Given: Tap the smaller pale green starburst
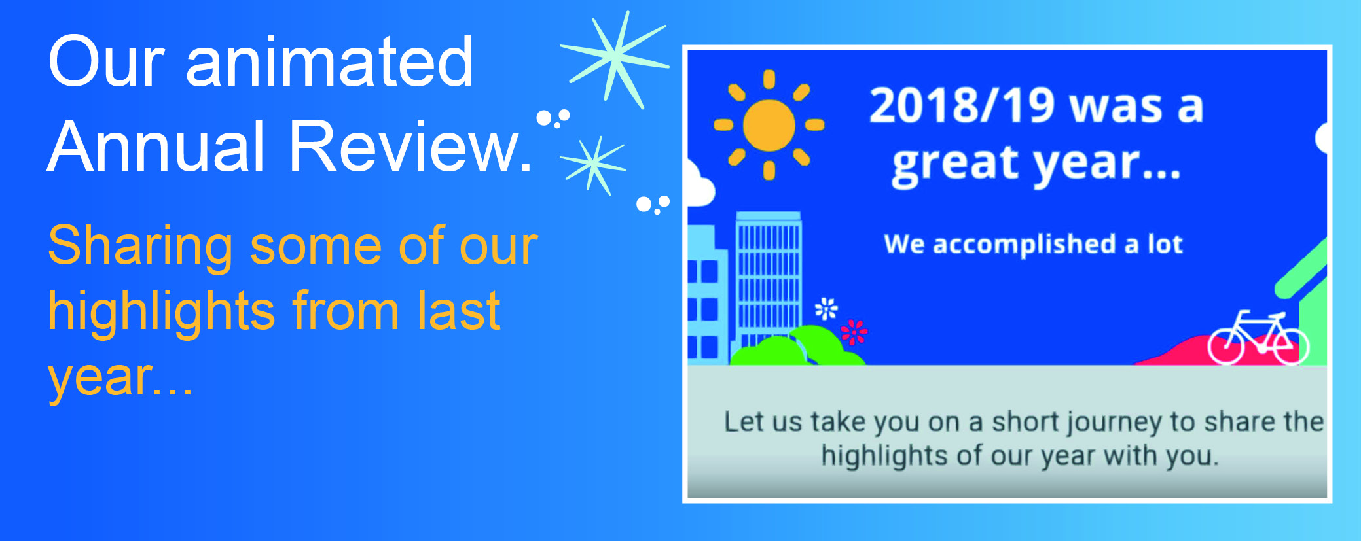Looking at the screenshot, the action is [593, 165].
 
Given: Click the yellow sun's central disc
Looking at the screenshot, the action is [769, 125].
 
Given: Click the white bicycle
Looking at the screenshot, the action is [1258, 338].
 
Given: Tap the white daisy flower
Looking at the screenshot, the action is [826, 308].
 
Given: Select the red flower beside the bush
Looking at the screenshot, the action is [854, 332].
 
